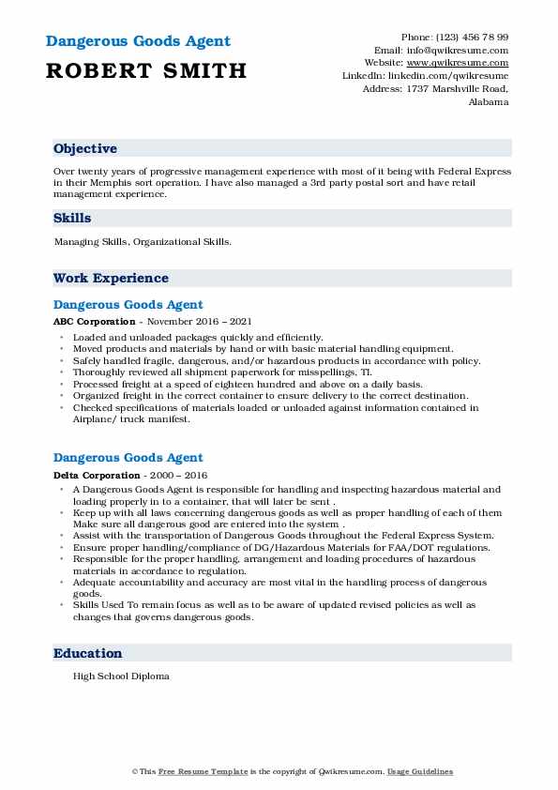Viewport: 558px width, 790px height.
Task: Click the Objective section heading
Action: [85, 149]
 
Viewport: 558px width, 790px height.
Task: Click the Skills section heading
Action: [72, 219]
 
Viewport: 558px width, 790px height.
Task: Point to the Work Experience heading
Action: [111, 279]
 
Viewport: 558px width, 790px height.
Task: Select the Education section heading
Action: [87, 654]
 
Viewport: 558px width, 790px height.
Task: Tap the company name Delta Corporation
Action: [90, 475]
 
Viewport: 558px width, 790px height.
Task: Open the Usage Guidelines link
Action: [421, 772]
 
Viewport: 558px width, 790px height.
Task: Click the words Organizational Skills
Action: [183, 242]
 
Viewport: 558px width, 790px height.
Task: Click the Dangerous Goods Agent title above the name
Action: [137, 42]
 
